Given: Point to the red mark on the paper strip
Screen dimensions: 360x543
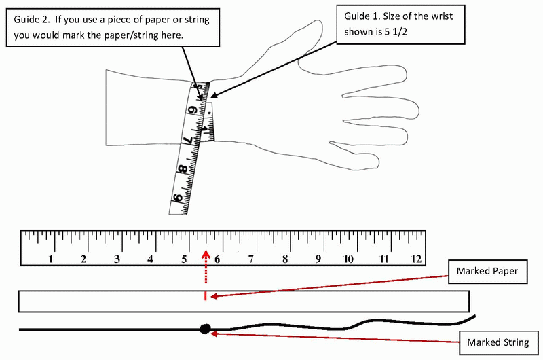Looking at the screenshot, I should click(x=205, y=296).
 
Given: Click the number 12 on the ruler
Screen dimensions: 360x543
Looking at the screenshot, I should click(x=415, y=258).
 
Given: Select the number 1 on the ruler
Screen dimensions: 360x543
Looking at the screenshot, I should click(x=52, y=258).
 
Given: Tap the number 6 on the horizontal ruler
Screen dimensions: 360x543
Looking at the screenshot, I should click(x=218, y=258).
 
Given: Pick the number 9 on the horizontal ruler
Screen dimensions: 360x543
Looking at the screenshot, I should click(x=318, y=258).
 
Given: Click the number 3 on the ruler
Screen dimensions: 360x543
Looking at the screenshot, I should click(x=117, y=258).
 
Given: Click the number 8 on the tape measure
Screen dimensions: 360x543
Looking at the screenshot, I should click(x=182, y=170).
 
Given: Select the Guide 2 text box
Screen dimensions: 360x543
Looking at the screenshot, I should click(x=113, y=27).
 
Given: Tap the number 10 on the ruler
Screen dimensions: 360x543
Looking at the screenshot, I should click(x=348, y=258).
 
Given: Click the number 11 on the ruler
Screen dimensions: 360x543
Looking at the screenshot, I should click(x=382, y=258).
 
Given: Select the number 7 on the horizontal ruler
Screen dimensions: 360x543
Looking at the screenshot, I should click(x=251, y=258).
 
